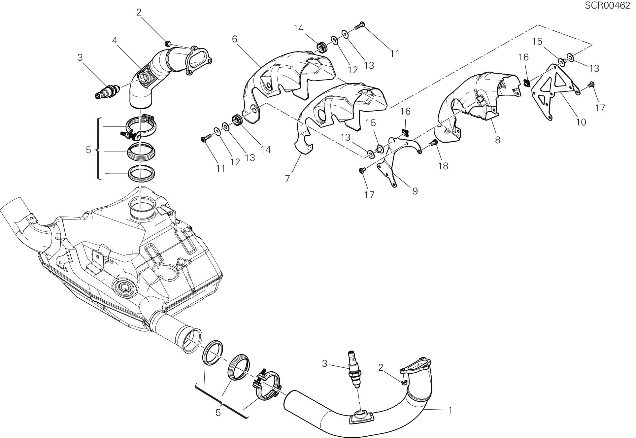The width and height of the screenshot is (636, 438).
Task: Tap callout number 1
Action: point(450,410)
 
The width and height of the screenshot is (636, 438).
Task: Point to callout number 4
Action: point(115,41)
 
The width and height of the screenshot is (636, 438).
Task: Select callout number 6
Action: point(235,39)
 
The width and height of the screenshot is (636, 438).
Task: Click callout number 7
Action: point(287,179)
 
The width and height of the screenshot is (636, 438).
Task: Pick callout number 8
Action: point(497,140)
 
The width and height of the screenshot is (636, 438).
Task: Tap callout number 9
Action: point(415,191)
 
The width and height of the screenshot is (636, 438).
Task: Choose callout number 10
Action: point(581,122)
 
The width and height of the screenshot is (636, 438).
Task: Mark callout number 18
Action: point(443,166)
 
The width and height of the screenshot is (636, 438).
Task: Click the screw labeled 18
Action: point(434,143)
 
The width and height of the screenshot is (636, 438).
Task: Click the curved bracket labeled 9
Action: point(393,165)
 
